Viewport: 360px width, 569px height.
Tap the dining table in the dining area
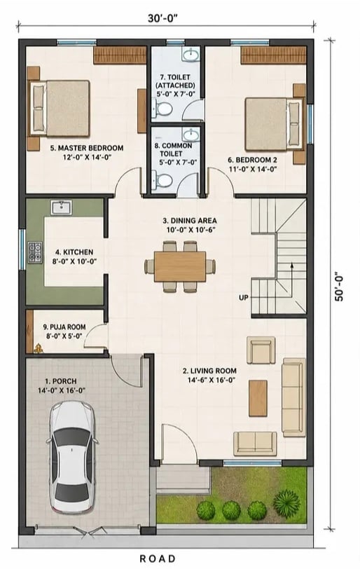coord(180,266)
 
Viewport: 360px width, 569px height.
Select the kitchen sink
coord(61,208)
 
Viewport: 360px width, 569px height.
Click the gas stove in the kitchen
coord(35,252)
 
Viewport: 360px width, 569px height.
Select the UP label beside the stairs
coord(244,298)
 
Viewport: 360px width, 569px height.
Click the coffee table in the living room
coord(258,398)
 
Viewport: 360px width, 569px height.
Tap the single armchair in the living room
coord(261,350)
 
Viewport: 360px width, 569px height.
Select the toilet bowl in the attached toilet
coord(162,108)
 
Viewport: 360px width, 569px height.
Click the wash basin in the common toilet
coord(191,135)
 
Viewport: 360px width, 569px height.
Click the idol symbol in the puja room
coord(38,348)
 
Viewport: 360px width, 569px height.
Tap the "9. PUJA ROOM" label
coord(64,327)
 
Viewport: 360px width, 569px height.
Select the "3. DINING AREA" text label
coord(190,221)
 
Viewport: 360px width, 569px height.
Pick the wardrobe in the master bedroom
coord(120,55)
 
